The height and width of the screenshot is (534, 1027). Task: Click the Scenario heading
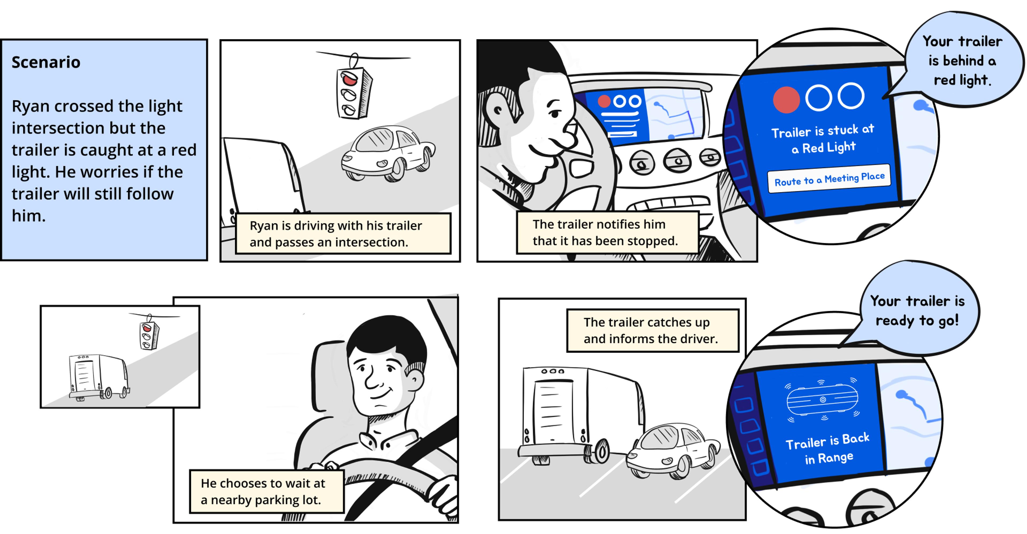coord(46,62)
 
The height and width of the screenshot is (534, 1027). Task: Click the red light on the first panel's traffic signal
coord(349,79)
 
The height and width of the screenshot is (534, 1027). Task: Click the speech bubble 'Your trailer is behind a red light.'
coord(963,60)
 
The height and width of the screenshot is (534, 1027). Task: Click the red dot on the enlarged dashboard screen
coord(786,100)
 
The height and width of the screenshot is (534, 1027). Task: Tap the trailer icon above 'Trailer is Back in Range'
coord(822,400)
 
